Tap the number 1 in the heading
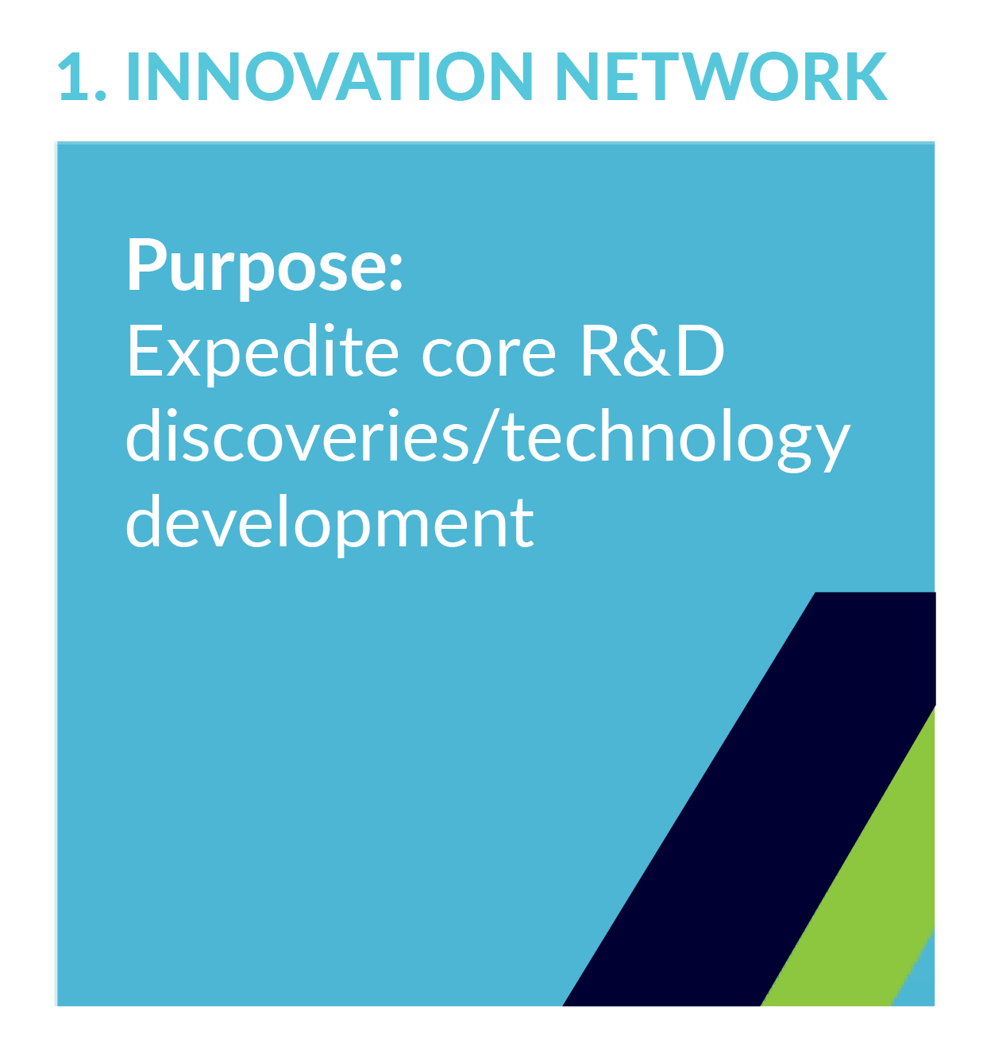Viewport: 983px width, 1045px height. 72,75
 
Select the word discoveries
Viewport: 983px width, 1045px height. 297,436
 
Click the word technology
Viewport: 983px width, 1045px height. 676,441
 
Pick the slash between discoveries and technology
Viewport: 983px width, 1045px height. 485,438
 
